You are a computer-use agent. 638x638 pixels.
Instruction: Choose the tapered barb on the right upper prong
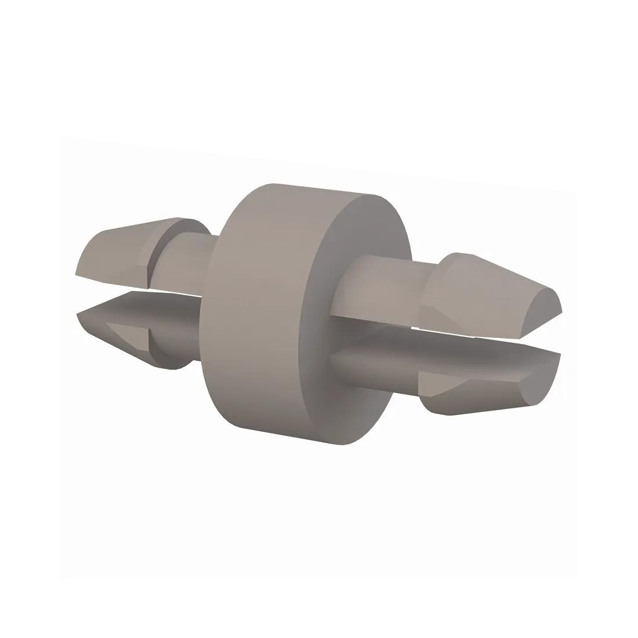pos(487,284)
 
